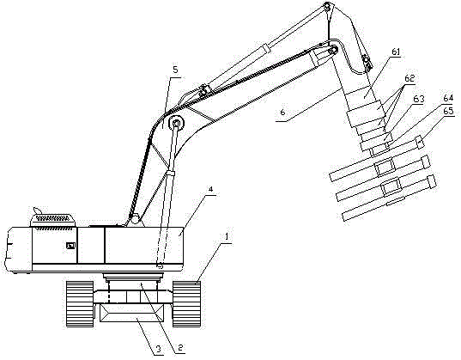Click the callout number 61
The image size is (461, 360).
tap(396, 52)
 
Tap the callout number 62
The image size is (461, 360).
tap(409, 78)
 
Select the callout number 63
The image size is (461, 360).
tap(419, 99)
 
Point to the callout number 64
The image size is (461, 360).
tap(448, 98)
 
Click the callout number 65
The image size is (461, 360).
tap(448, 112)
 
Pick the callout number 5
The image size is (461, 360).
tap(175, 70)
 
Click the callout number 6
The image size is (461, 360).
tap(282, 113)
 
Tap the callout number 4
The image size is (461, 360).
tap(210, 190)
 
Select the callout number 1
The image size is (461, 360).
tap(227, 236)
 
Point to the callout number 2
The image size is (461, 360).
tap(180, 347)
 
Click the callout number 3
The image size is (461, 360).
tap(158, 349)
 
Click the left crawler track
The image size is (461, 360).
tap(80, 304)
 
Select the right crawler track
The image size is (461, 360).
tap(186, 304)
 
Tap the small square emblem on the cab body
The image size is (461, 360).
tap(70, 245)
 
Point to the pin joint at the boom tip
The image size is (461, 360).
tap(327, 7)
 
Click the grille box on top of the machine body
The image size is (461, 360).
tap(53, 220)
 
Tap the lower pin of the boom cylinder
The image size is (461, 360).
tap(161, 265)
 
